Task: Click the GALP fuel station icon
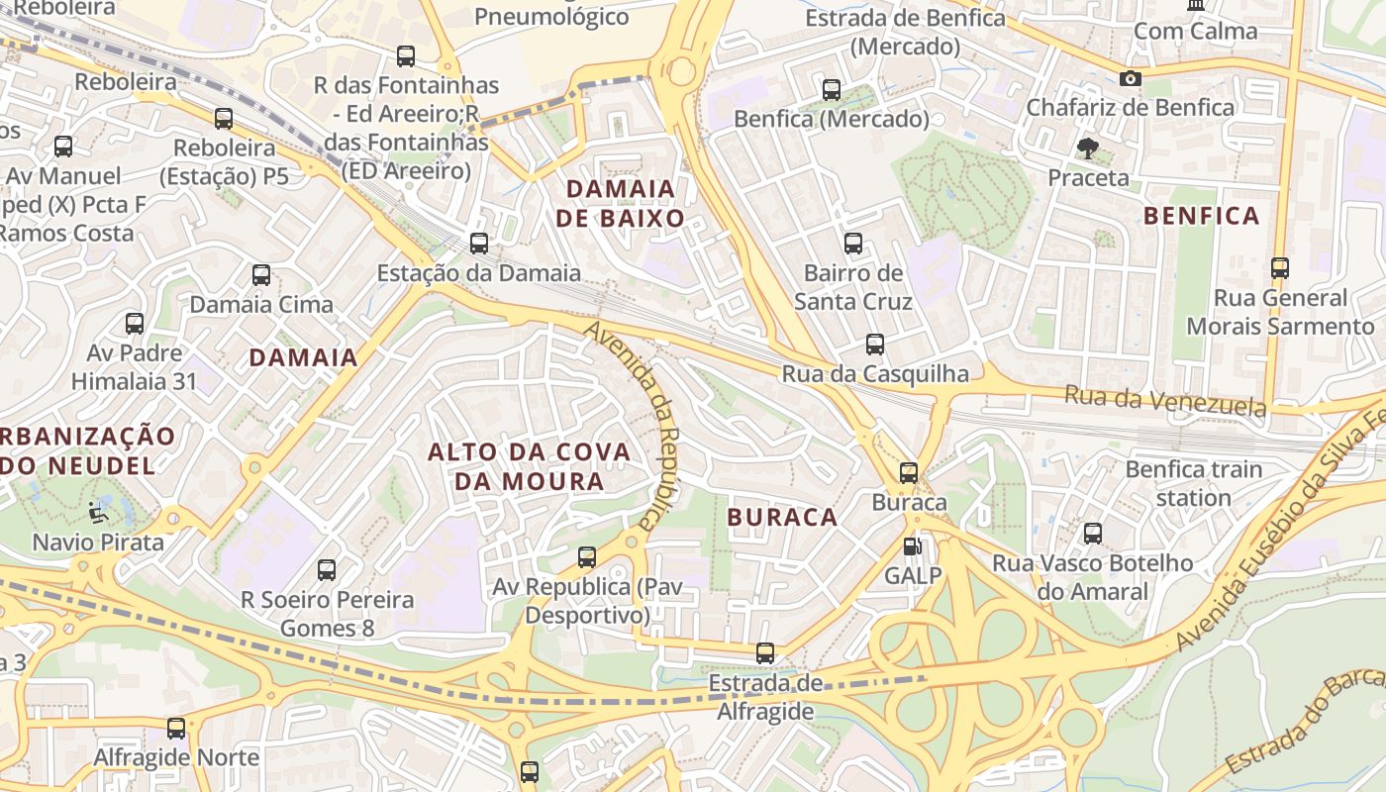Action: click(911, 545)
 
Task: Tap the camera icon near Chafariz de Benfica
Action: click(1130, 78)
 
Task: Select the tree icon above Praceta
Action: click(1088, 149)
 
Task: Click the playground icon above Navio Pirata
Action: click(97, 513)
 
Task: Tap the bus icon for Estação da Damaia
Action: click(479, 243)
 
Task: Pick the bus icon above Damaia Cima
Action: click(261, 275)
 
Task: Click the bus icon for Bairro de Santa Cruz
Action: click(852, 243)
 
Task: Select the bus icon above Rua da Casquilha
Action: click(875, 345)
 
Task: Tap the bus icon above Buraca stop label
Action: click(909, 472)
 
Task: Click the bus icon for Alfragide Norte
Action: click(176, 729)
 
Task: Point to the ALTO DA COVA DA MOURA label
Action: click(529, 466)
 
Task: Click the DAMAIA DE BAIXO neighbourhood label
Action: click(620, 203)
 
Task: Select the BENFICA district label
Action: click(1201, 216)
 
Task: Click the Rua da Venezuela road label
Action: click(1165, 401)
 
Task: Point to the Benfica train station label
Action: click(1194, 483)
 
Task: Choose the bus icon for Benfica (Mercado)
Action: click(832, 90)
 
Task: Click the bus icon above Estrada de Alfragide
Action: click(765, 653)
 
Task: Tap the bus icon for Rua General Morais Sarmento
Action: click(1280, 268)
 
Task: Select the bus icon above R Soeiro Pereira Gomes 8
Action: click(327, 570)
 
